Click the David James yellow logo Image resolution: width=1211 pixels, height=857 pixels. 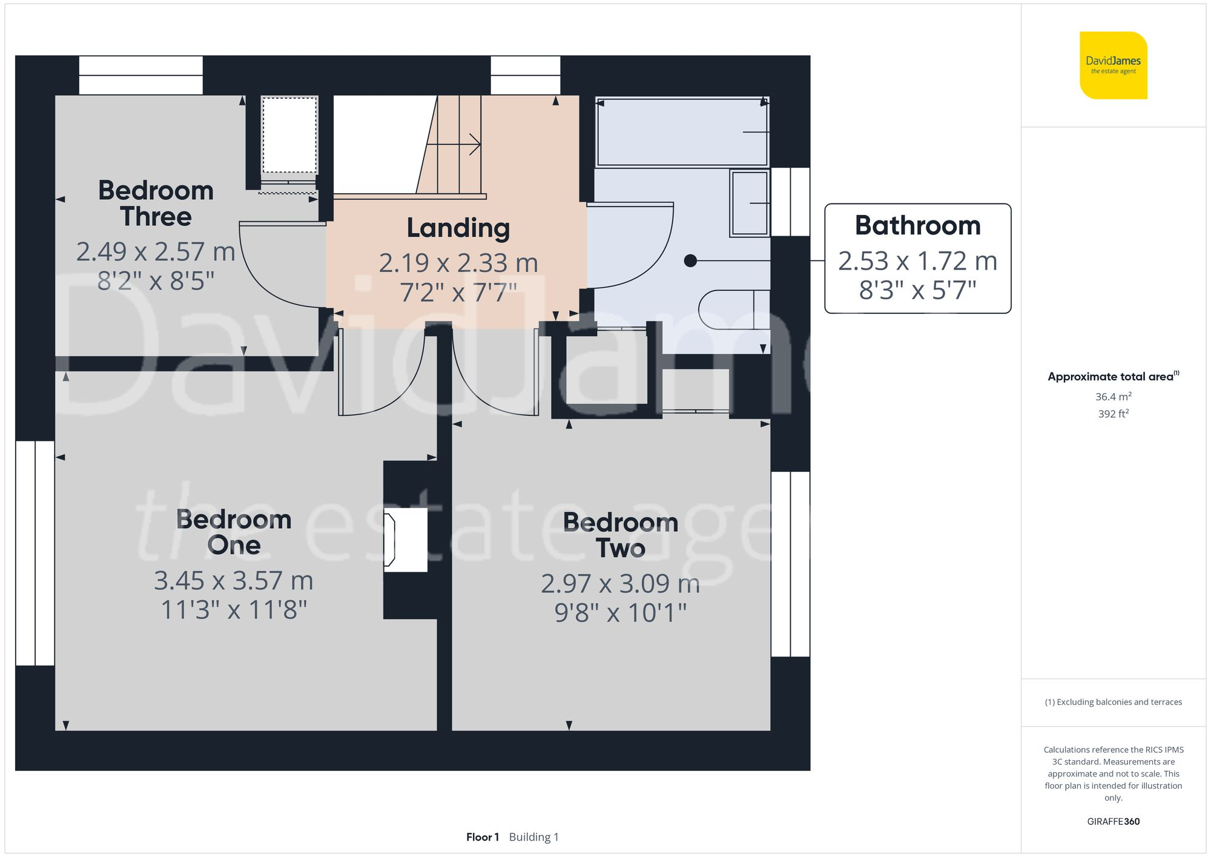click(x=1113, y=65)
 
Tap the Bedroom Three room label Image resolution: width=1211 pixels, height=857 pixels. click(x=156, y=203)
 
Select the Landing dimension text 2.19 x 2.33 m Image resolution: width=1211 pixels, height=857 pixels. click(x=458, y=263)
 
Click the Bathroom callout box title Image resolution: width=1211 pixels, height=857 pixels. click(x=917, y=225)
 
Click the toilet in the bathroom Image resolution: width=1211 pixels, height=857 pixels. click(x=733, y=309)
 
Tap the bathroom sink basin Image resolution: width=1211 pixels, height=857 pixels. click(x=750, y=203)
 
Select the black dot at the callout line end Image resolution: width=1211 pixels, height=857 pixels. click(x=690, y=261)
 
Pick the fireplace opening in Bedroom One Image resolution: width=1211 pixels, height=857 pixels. click(x=404, y=540)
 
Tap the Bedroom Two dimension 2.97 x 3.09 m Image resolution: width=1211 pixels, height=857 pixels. click(x=620, y=584)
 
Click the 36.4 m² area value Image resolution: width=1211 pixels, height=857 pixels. click(x=1113, y=397)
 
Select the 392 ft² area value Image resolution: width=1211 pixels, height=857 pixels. click(x=1113, y=414)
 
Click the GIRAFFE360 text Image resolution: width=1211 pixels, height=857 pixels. click(x=1113, y=821)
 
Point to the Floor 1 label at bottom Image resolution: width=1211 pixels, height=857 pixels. click(x=483, y=837)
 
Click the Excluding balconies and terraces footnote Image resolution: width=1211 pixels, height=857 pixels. click(x=1113, y=702)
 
